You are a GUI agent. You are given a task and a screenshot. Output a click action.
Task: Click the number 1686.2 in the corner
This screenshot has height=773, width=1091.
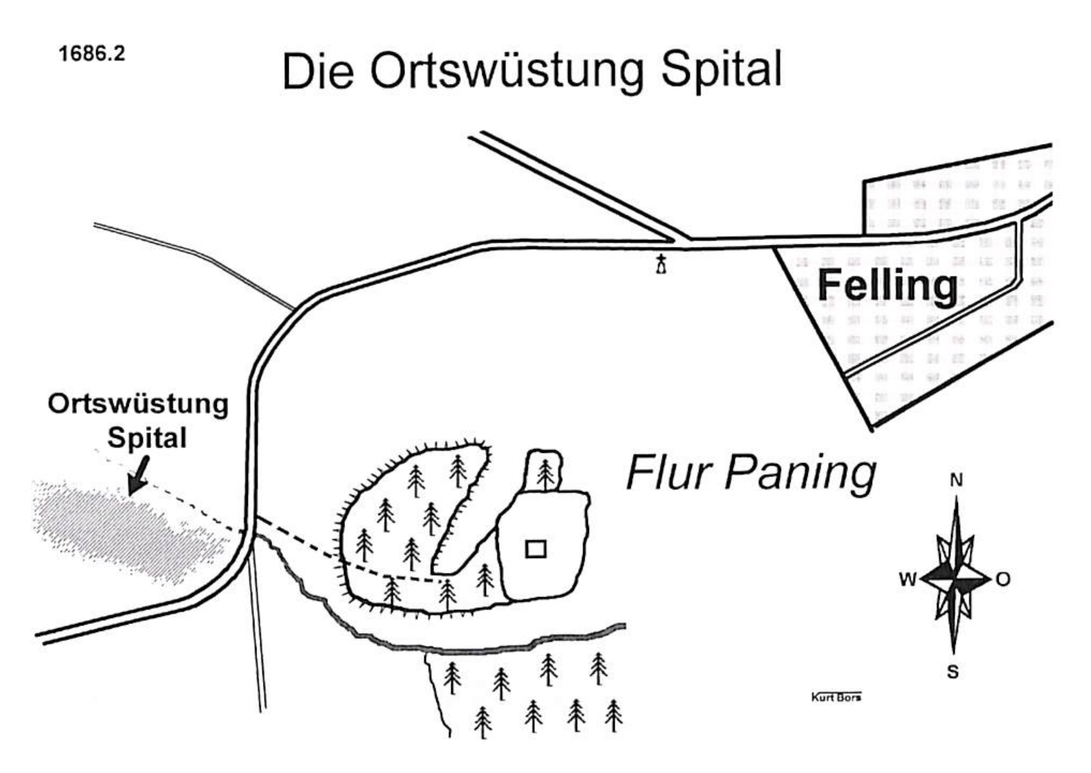coord(92,53)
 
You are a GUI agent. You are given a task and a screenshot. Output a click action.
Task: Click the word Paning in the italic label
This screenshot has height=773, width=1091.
coord(800,475)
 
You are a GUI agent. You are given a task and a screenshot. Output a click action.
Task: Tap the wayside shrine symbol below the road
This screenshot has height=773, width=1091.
coord(661,264)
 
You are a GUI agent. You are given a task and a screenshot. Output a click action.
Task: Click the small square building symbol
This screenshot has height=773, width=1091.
coord(536,549)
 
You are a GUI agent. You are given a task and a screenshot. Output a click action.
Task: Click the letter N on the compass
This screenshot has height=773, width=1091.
coord(956,481)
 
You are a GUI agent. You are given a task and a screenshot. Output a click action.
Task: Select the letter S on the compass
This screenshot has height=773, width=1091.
coord(953,672)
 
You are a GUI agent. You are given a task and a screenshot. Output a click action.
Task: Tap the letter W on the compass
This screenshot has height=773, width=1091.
coord(908,579)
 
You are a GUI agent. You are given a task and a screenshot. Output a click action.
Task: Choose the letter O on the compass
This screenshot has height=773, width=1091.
coord(1003,579)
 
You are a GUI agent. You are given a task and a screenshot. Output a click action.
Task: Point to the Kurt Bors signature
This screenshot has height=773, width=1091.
coord(836,697)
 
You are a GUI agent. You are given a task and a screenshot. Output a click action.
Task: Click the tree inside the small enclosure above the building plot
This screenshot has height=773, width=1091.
coord(545,474)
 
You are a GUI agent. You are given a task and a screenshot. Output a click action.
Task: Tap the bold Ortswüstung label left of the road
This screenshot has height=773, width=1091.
coord(138,405)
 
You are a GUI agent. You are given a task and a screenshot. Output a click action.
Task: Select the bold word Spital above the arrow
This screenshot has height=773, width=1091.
coord(146,438)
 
